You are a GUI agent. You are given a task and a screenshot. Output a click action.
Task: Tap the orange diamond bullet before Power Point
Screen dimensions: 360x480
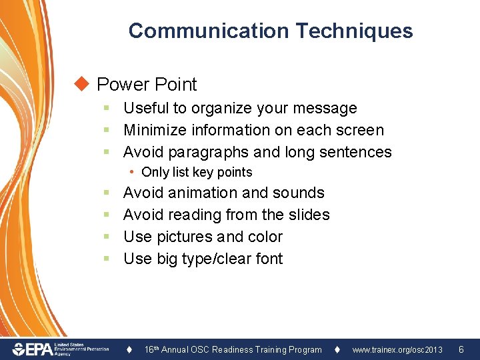click(82, 84)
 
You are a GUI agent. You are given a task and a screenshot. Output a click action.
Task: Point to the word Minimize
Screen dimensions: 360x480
click(155, 130)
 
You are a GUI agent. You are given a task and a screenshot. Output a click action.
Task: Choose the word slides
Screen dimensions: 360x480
click(309, 215)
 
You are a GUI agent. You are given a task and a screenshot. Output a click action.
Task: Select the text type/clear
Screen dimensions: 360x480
click(208, 259)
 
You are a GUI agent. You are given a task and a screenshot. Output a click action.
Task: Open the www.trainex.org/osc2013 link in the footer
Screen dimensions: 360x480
click(397, 349)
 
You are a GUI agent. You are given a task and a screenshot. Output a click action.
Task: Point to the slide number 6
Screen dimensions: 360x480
click(461, 349)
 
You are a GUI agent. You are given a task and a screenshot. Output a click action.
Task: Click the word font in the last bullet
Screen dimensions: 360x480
click(269, 259)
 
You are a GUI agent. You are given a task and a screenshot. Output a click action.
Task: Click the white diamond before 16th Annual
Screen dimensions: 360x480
click(131, 349)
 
